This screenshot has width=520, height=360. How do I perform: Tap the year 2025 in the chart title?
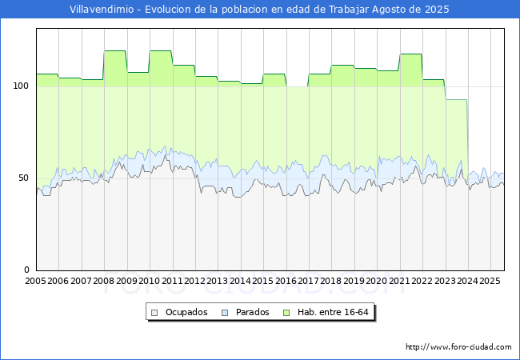click(437, 10)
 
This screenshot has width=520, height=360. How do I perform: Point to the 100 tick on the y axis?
click(21, 86)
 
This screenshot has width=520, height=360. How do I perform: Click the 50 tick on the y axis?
click(23, 178)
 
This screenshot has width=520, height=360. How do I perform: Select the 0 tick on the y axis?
click(26, 270)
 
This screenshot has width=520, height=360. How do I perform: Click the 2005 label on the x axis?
click(36, 281)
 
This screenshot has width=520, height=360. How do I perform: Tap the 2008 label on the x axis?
click(104, 281)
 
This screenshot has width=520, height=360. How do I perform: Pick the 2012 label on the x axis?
click(194, 281)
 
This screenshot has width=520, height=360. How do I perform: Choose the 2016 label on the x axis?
click(286, 281)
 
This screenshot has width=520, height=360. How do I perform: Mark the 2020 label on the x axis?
click(377, 281)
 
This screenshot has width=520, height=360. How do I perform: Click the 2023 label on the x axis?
click(445, 281)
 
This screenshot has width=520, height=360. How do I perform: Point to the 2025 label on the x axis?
click(490, 281)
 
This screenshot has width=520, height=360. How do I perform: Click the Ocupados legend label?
click(186, 312)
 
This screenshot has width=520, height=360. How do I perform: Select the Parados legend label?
click(252, 312)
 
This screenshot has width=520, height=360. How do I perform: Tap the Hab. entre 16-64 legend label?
click(333, 312)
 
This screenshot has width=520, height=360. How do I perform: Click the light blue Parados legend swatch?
click(225, 313)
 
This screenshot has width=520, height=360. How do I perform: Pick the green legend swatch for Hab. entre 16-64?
click(286, 313)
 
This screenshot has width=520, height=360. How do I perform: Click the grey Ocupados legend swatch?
click(154, 313)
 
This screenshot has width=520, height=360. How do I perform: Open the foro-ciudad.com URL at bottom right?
click(458, 347)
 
